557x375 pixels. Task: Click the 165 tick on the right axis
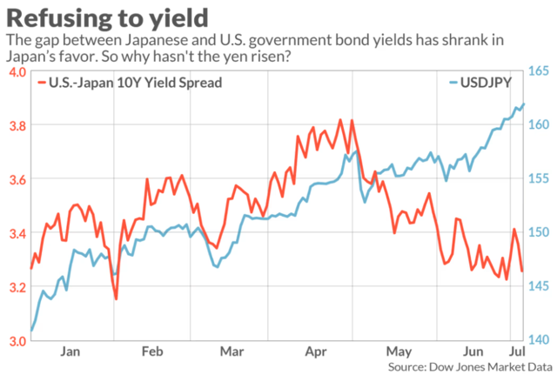click(540, 71)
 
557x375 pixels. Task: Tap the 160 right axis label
click(540, 125)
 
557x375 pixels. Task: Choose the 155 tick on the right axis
click(540, 179)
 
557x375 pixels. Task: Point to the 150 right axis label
click(540, 233)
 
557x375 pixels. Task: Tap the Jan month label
click(71, 352)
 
